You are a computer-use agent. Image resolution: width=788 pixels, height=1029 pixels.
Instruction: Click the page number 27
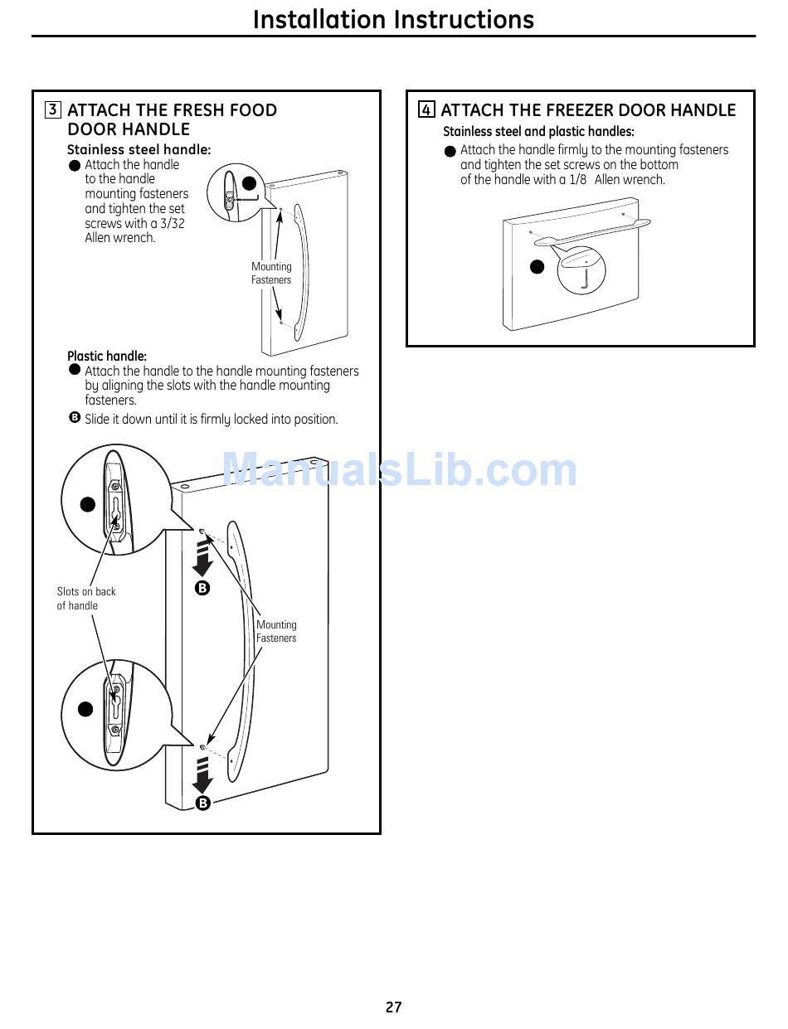click(393, 1007)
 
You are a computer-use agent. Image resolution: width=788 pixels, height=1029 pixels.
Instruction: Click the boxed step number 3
click(53, 110)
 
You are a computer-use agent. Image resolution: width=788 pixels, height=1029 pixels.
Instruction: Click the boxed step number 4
click(426, 110)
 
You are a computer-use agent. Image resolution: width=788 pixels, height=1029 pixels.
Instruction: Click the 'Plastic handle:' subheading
click(107, 357)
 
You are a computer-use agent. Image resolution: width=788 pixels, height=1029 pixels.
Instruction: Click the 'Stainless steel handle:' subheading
click(139, 150)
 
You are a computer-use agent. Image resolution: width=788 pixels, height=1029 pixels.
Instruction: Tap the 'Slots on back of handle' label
click(86, 599)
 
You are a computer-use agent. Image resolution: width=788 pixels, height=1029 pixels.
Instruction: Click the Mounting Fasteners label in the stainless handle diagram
click(271, 274)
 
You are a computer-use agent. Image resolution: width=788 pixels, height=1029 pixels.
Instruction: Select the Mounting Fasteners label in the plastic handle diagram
click(276, 632)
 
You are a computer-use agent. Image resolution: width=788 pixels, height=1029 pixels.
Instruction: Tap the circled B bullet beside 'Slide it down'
click(75, 418)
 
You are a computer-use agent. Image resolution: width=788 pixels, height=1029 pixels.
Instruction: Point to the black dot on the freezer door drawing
click(537, 267)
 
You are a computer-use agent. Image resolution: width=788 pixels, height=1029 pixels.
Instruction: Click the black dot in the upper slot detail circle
click(87, 504)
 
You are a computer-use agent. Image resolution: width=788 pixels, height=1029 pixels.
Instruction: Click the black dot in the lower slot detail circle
click(85, 709)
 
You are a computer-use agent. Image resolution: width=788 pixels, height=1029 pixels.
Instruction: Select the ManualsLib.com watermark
click(400, 471)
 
